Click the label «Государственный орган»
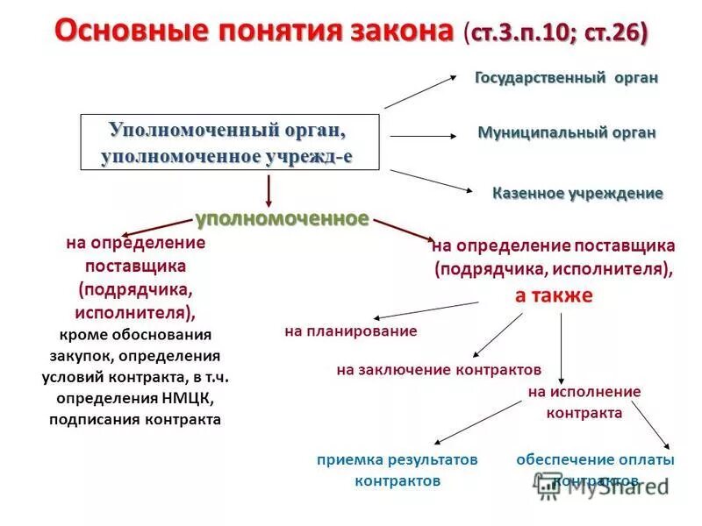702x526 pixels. pos(566,78)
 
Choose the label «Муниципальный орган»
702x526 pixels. pos(566,133)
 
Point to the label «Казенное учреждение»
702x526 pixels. pos(577,193)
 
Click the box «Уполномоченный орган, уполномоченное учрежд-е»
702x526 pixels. pos(231,143)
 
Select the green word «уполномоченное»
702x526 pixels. pos(282,217)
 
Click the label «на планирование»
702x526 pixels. pos(350,331)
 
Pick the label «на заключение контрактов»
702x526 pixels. pos(439,369)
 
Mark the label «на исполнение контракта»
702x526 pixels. pos(584,402)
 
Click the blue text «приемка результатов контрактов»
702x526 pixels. pos(398,470)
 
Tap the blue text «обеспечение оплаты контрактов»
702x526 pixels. pos(595,469)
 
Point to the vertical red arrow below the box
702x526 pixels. pos(269,191)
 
